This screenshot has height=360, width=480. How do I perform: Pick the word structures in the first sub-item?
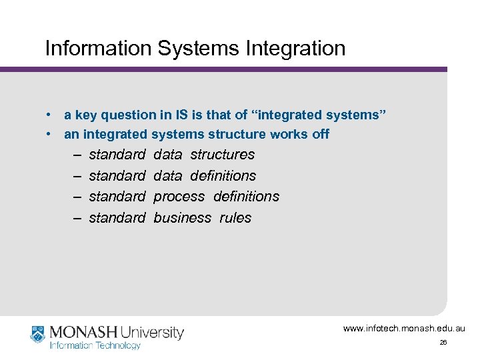(x=222, y=155)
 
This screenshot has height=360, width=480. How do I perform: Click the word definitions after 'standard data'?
(x=223, y=176)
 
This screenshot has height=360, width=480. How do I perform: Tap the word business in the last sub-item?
(x=182, y=218)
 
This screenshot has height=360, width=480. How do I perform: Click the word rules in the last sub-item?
(x=235, y=218)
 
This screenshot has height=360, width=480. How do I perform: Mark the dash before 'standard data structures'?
(x=77, y=155)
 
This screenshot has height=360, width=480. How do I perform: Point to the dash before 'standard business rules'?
(x=77, y=218)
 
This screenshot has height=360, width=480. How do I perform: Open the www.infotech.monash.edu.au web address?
(x=404, y=329)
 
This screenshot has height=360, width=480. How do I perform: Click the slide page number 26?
(x=443, y=343)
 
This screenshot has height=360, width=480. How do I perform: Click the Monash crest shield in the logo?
(x=37, y=333)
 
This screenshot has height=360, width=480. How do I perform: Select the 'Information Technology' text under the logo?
(x=95, y=345)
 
